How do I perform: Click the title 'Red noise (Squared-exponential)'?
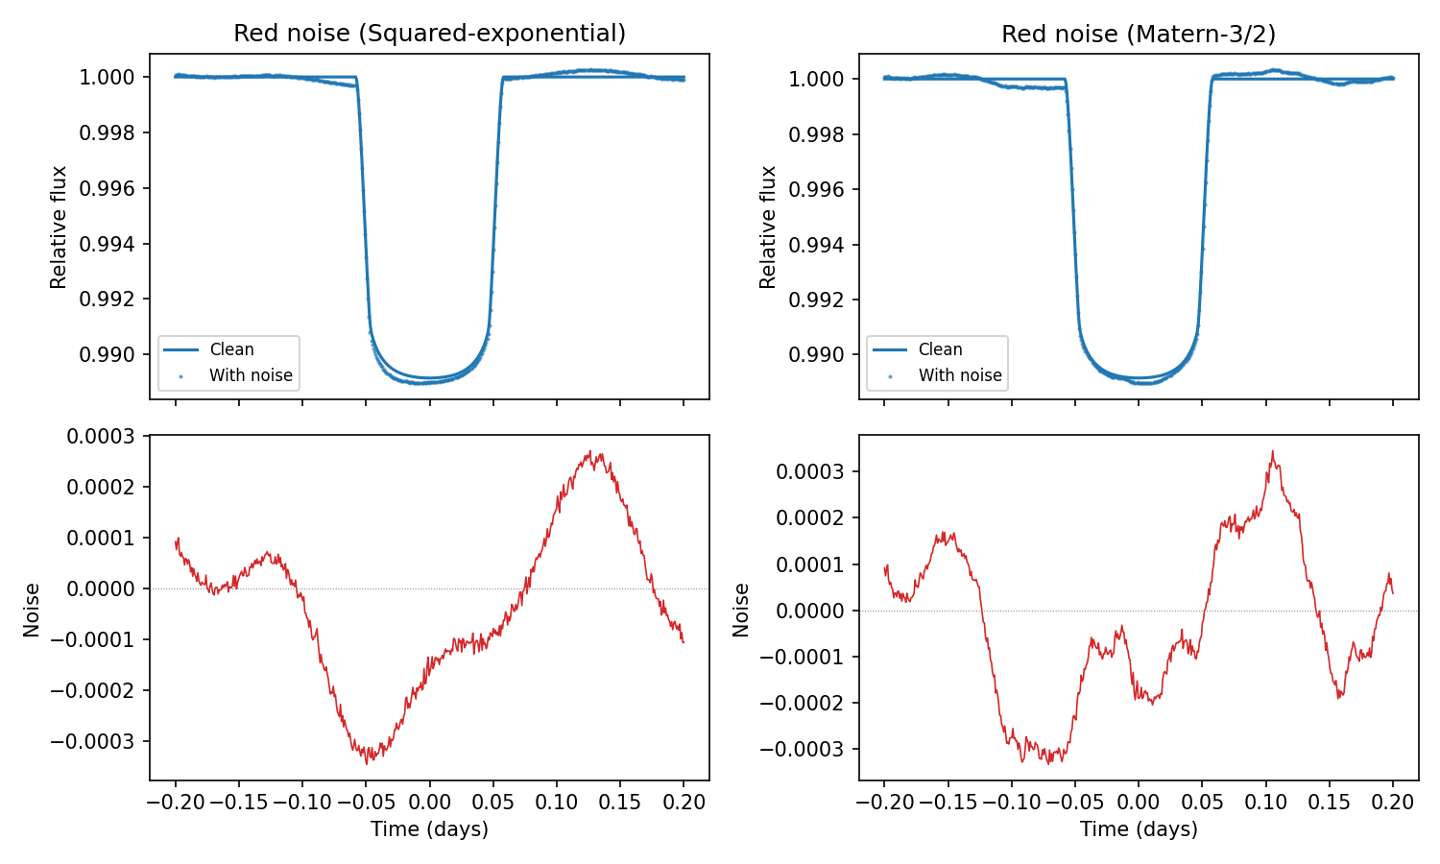(x=429, y=34)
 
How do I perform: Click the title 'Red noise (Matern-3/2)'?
(x=1139, y=35)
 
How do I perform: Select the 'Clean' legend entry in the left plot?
(x=231, y=349)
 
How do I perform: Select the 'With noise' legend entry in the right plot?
(x=959, y=375)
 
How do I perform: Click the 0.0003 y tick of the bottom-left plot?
(x=101, y=437)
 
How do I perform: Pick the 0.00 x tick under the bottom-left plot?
(x=429, y=802)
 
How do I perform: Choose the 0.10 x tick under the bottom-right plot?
(x=1265, y=802)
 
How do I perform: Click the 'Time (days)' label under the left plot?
(x=429, y=829)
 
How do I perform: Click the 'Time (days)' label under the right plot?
(x=1139, y=829)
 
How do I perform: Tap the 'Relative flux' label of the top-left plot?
(x=60, y=228)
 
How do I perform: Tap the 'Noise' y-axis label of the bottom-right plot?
(x=741, y=610)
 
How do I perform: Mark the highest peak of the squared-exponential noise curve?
(x=595, y=452)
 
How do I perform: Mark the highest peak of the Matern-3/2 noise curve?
(x=1273, y=451)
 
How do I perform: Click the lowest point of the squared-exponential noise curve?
(x=367, y=763)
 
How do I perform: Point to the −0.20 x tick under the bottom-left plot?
(x=175, y=802)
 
